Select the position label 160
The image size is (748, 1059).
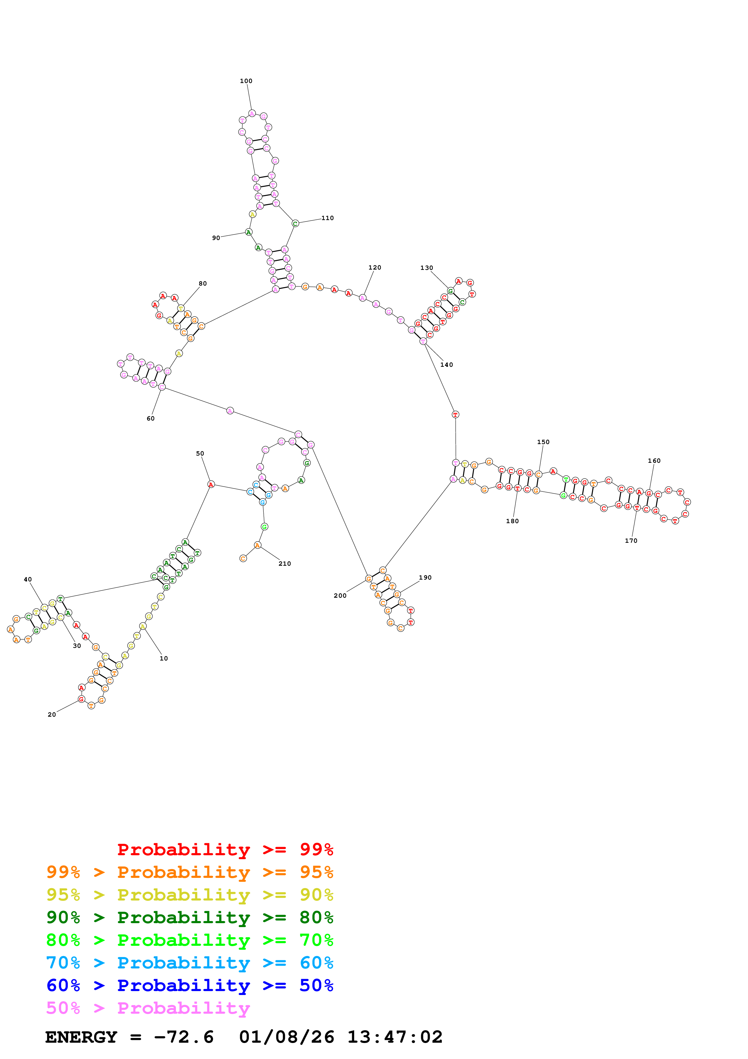click(654, 461)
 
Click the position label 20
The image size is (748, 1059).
click(52, 715)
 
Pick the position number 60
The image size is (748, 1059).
click(150, 419)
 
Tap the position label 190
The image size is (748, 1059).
click(425, 577)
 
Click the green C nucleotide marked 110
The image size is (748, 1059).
click(295, 224)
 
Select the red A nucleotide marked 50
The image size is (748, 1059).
click(211, 484)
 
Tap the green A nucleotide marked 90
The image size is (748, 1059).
click(248, 232)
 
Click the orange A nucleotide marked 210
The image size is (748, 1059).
click(257, 545)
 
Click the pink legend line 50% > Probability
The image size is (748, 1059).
click(148, 1008)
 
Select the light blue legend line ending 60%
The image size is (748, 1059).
click(189, 963)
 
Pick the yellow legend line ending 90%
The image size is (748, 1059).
click(189, 895)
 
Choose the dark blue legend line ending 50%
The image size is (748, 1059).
click(189, 986)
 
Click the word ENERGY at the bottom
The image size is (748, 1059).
click(81, 1037)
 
